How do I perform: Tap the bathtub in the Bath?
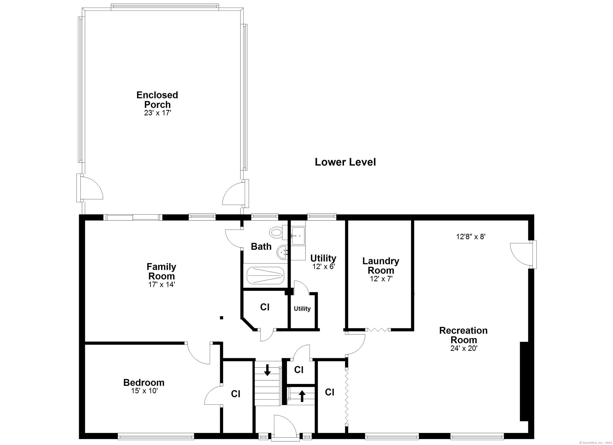click(x=265, y=275)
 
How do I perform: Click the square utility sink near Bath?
click(x=298, y=236)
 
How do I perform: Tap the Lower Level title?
click(x=345, y=162)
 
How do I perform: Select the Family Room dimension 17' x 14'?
click(x=162, y=284)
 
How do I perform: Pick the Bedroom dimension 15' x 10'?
click(x=144, y=391)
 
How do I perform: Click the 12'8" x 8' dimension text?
click(x=471, y=237)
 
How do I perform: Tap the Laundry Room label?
click(x=381, y=266)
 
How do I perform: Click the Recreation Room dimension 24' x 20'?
click(x=464, y=348)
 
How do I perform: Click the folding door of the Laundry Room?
click(x=378, y=329)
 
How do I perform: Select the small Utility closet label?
click(x=302, y=308)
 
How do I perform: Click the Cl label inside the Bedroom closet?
click(x=235, y=394)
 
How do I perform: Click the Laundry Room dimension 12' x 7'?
click(x=381, y=279)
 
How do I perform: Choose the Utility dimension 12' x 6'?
click(x=323, y=267)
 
